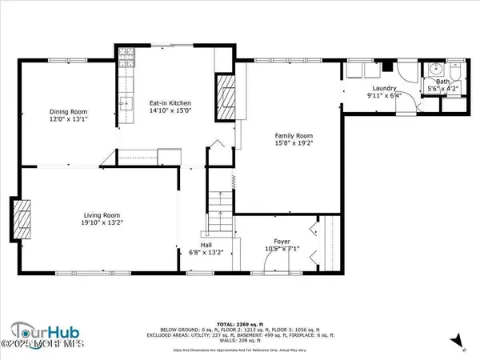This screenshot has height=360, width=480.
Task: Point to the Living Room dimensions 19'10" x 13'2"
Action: point(102,223)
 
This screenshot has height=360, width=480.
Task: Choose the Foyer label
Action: point(282,241)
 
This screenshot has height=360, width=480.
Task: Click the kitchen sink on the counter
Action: point(125,103)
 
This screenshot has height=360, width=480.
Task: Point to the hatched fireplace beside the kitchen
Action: point(227,98)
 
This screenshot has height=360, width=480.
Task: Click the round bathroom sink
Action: point(435,68)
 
